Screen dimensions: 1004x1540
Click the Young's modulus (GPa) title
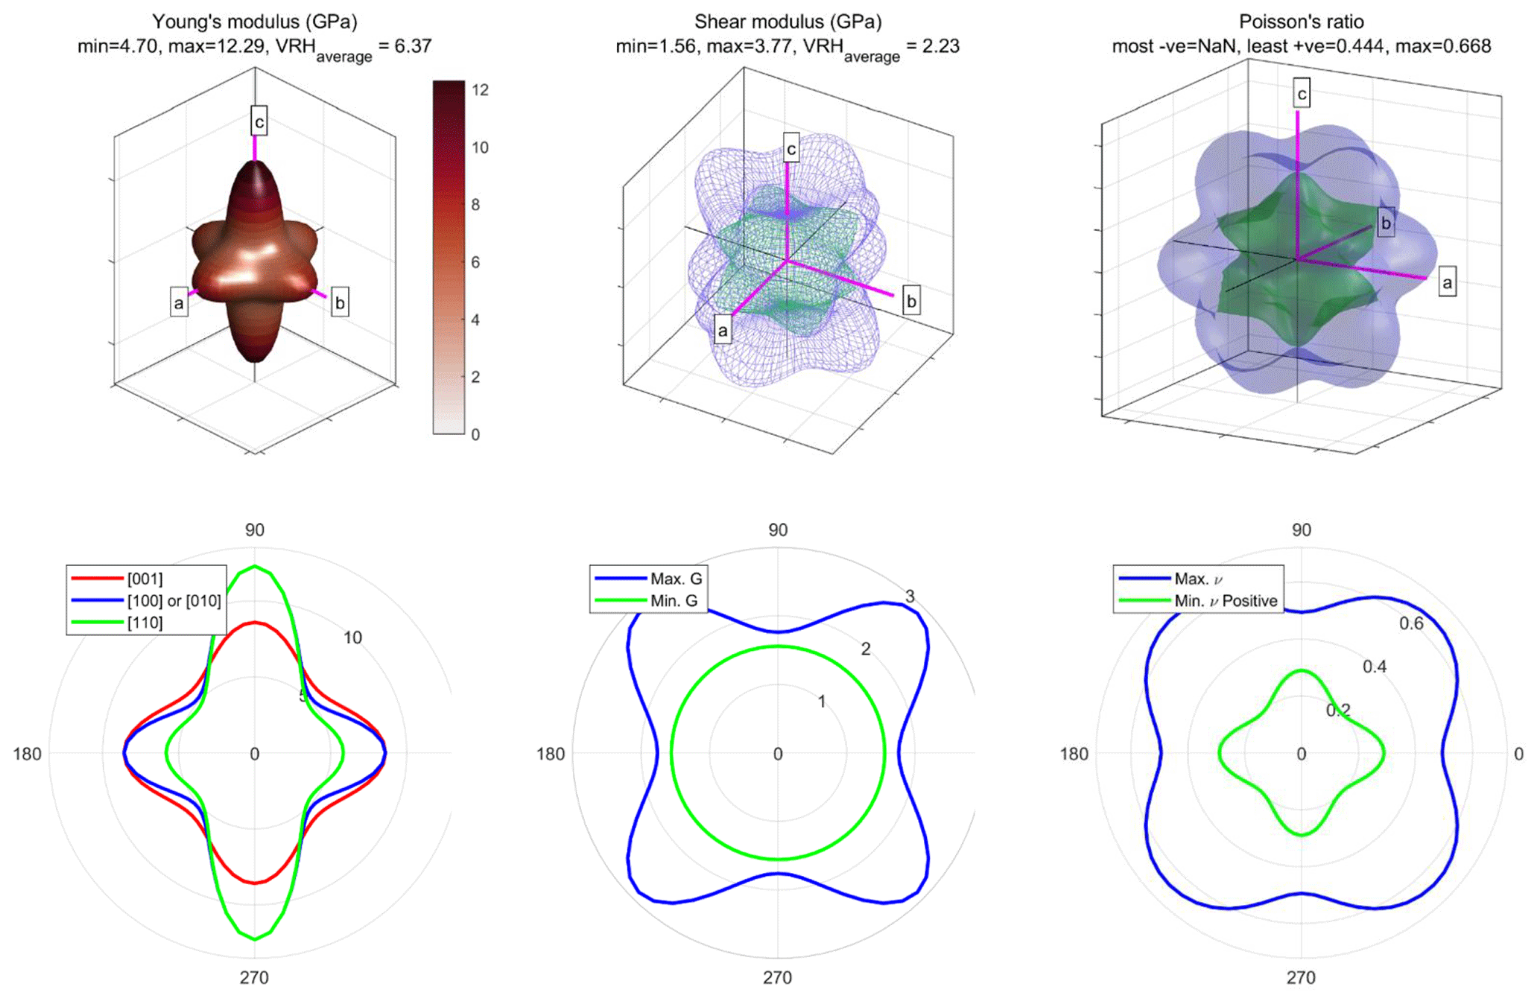pyautogui.click(x=254, y=22)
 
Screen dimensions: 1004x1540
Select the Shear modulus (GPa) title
pyautogui.click(x=788, y=22)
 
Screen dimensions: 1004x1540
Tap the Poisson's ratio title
pyautogui.click(x=1301, y=22)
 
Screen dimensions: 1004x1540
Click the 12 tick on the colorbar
pyautogui.click(x=480, y=90)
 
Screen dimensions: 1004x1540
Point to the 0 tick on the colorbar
pyautogui.click(x=475, y=434)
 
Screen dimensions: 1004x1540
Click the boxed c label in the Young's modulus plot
pyautogui.click(x=259, y=121)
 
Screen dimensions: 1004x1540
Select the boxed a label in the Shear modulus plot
pyautogui.click(x=722, y=330)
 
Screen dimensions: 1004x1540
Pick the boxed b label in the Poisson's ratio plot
pyautogui.click(x=1385, y=223)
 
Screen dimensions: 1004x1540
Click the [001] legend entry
pyautogui.click(x=145, y=579)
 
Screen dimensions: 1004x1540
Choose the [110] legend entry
pyautogui.click(x=145, y=623)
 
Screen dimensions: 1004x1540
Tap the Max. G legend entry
pyautogui.click(x=676, y=579)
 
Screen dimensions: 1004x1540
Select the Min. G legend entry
pyautogui.click(x=674, y=601)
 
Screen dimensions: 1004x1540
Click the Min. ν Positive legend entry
pyautogui.click(x=1226, y=601)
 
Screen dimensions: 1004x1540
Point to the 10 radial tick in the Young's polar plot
pyautogui.click(x=352, y=638)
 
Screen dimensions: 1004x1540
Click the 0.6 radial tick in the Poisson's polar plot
pyautogui.click(x=1411, y=623)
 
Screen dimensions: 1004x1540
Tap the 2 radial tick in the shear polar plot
pyautogui.click(x=865, y=649)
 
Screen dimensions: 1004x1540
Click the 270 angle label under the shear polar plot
pyautogui.click(x=777, y=978)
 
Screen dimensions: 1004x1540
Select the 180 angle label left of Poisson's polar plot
pyautogui.click(x=1074, y=754)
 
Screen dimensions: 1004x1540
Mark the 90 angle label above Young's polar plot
pyautogui.click(x=255, y=530)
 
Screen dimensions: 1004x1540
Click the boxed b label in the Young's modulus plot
pyautogui.click(x=340, y=303)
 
